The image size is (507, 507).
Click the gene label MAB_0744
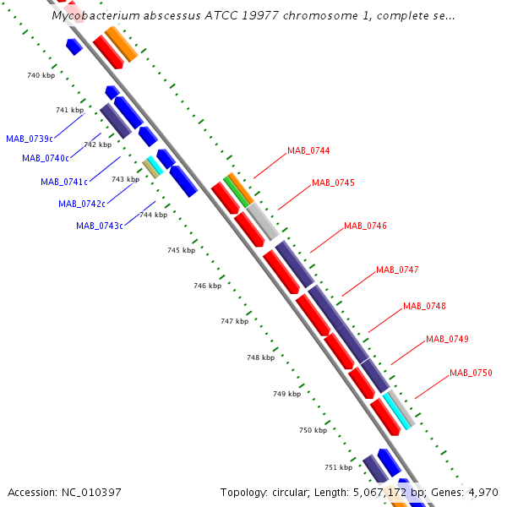click(308, 150)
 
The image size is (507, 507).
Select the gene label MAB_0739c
click(30, 139)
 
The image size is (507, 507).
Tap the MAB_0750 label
click(471, 373)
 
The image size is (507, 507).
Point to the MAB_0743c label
click(100, 226)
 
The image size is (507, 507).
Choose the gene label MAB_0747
click(397, 270)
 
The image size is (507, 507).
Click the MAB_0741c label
click(64, 182)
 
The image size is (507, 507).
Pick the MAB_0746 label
click(365, 226)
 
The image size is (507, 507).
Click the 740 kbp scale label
click(41, 75)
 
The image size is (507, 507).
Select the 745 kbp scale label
click(182, 250)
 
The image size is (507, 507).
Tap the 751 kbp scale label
click(339, 467)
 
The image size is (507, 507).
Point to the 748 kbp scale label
click(260, 357)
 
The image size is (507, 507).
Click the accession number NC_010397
click(91, 493)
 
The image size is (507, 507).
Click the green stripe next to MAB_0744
click(236, 192)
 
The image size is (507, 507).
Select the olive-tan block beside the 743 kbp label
click(151, 168)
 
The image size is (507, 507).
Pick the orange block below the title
click(122, 44)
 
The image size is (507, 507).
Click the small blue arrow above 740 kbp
click(74, 46)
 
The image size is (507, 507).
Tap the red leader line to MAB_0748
click(385, 321)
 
